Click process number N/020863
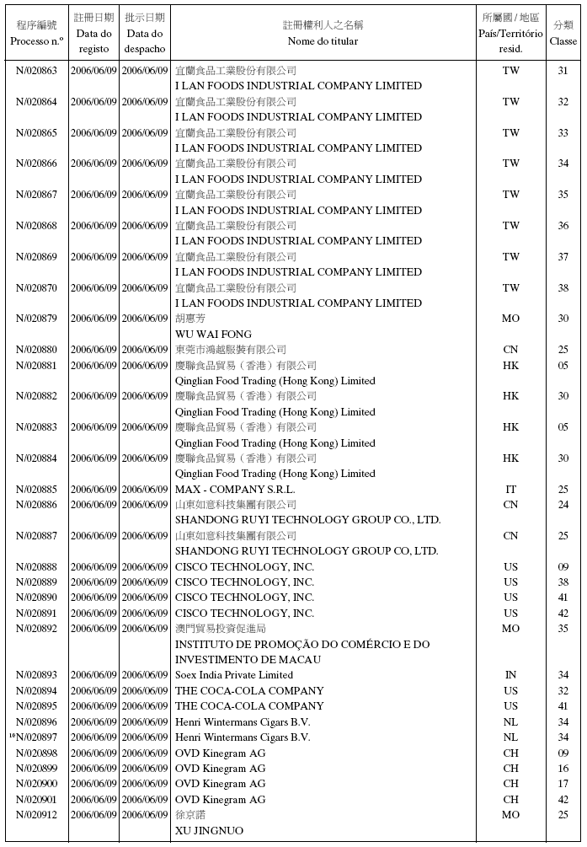pyautogui.click(x=36, y=71)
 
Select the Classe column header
pyautogui.click(x=563, y=33)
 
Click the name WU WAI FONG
pyautogui.click(x=213, y=335)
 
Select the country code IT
pyautogui.click(x=511, y=490)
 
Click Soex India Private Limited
pyautogui.click(x=234, y=675)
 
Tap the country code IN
pyautogui.click(x=511, y=675)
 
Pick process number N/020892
pyautogui.click(x=36, y=629)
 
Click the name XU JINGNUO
pyautogui.click(x=209, y=831)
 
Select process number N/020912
pyautogui.click(x=36, y=815)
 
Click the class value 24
pyautogui.click(x=563, y=505)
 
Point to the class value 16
pyautogui.click(x=563, y=769)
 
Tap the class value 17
pyautogui.click(x=563, y=784)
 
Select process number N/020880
pyautogui.click(x=36, y=350)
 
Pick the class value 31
pyautogui.click(x=563, y=71)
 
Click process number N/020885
pyautogui.click(x=36, y=490)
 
